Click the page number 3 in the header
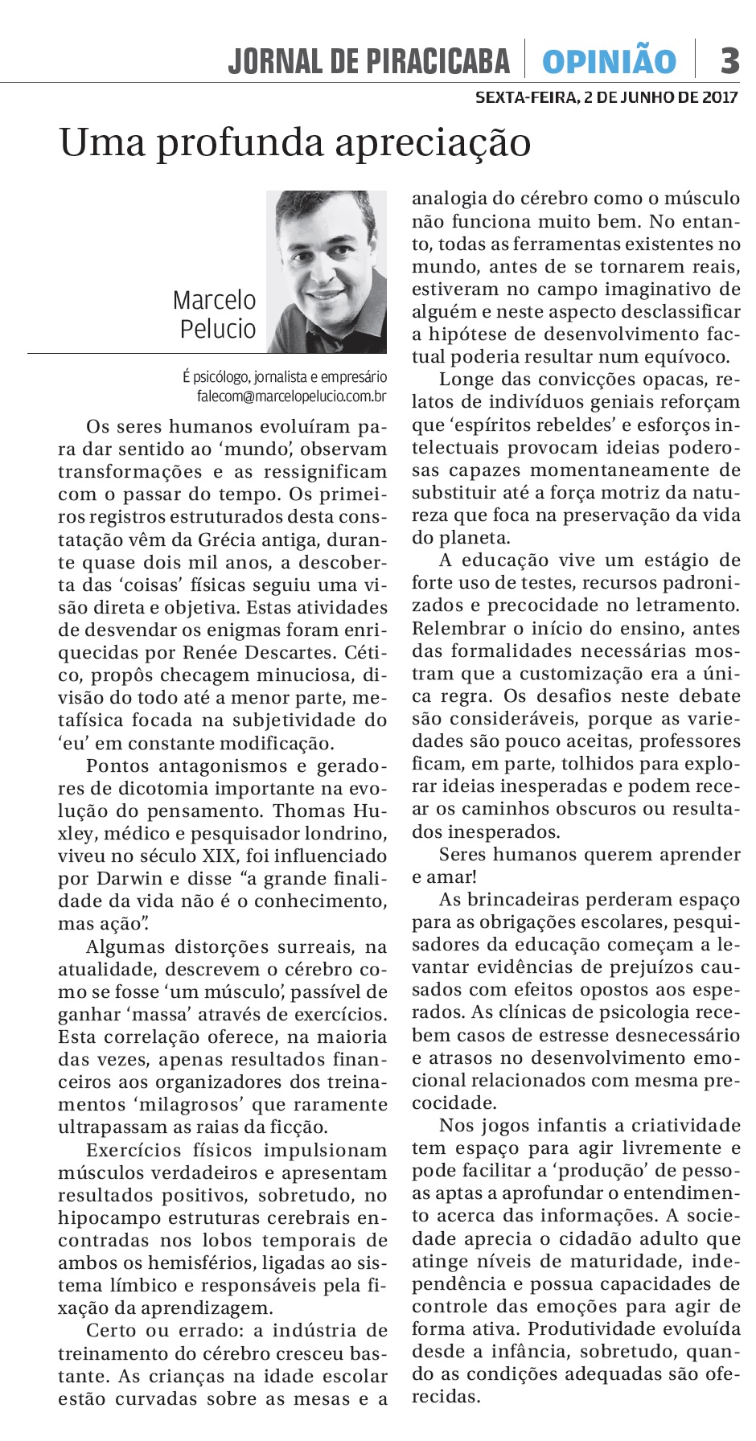729,60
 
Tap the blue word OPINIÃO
609,61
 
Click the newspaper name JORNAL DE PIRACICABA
369,61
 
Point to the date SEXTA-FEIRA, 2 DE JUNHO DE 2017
606,98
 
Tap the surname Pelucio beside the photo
217,329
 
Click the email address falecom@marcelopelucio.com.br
292,396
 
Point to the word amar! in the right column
442,877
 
